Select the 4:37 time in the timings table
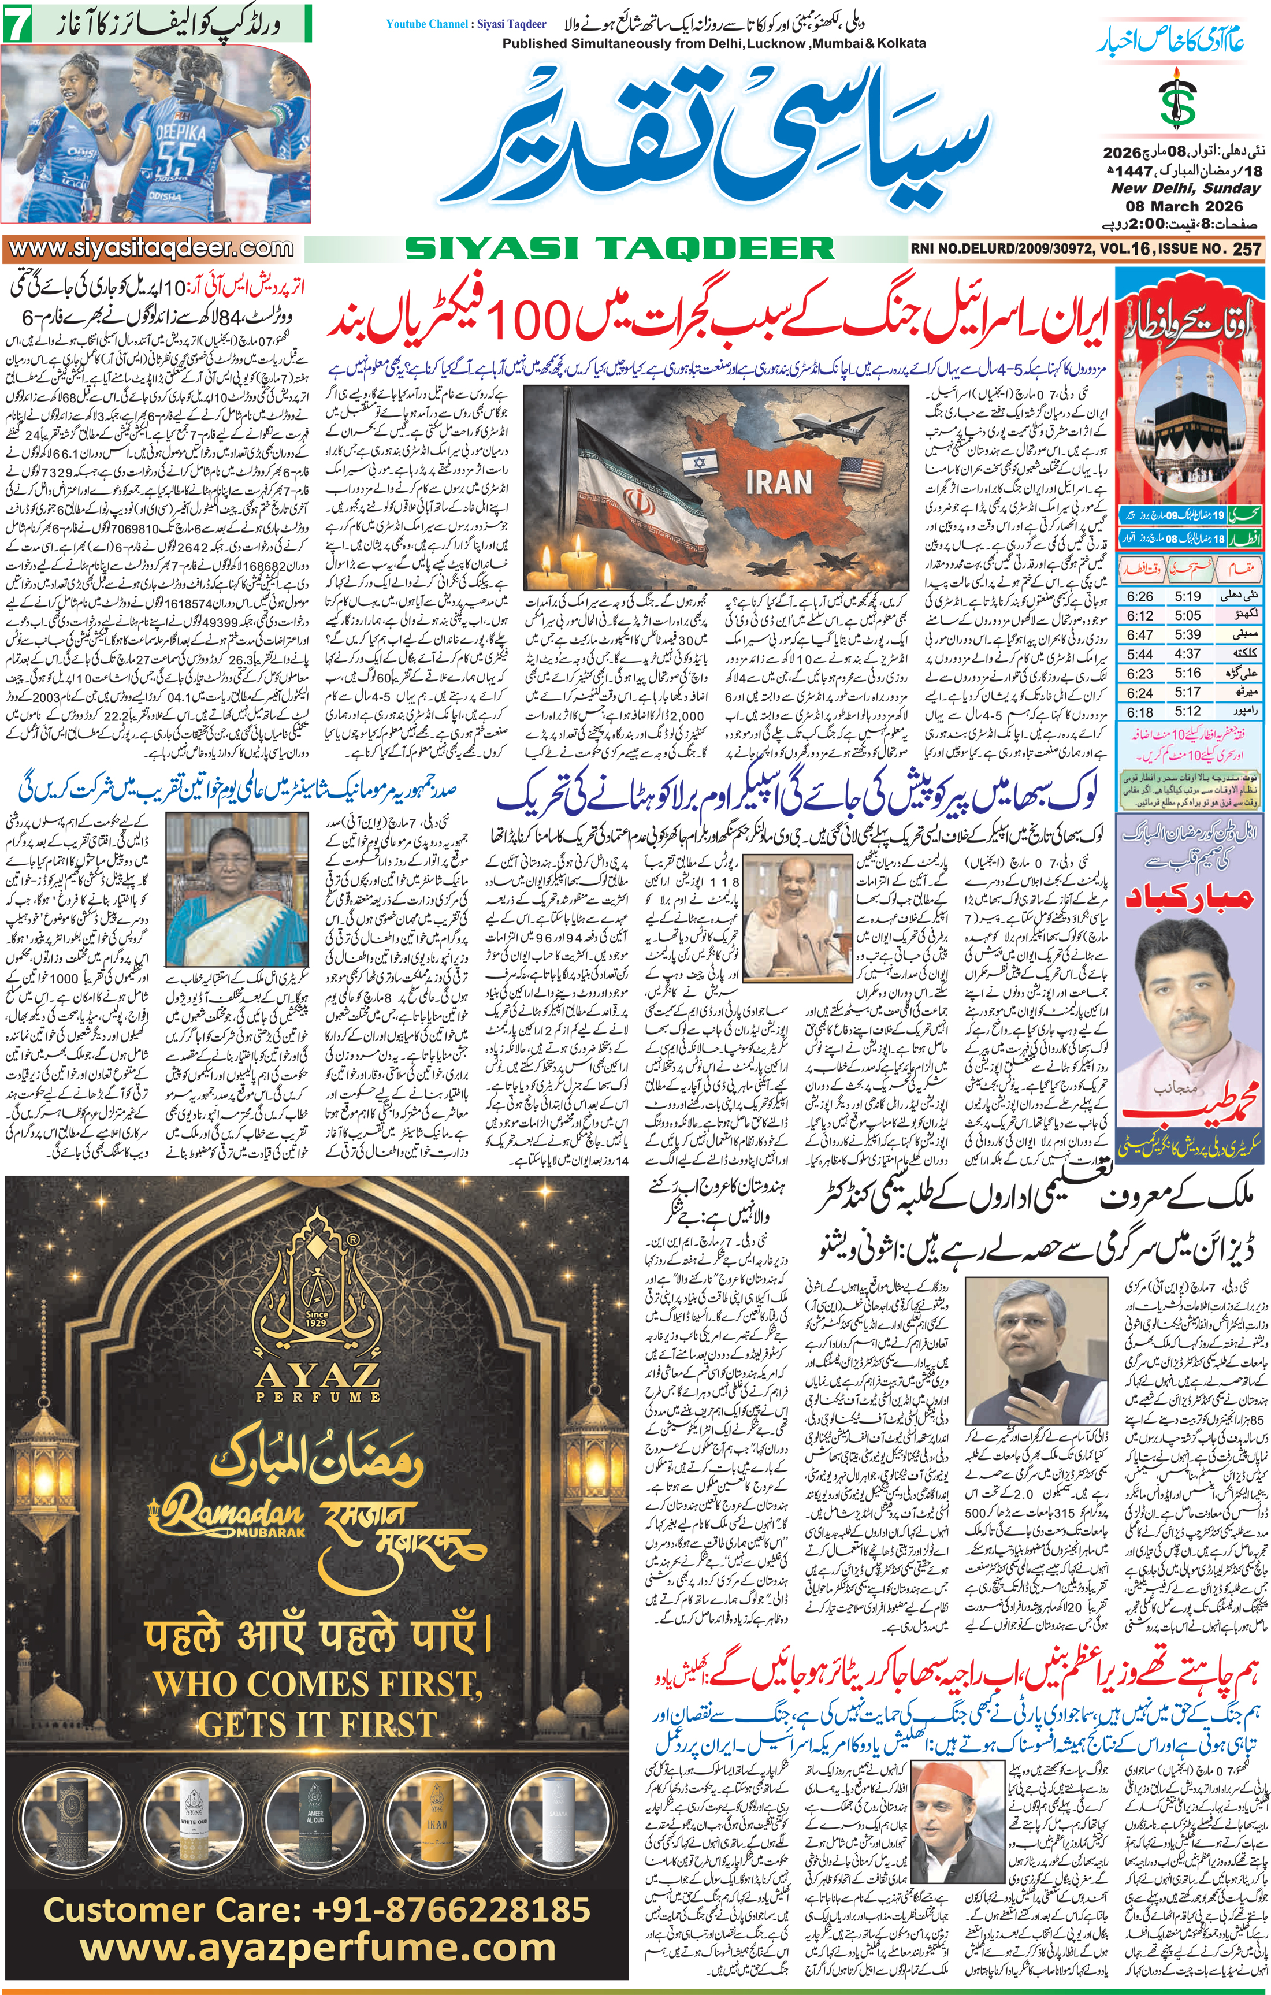pos(1187,653)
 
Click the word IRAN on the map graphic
pos(778,483)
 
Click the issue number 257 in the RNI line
pos(1246,248)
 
